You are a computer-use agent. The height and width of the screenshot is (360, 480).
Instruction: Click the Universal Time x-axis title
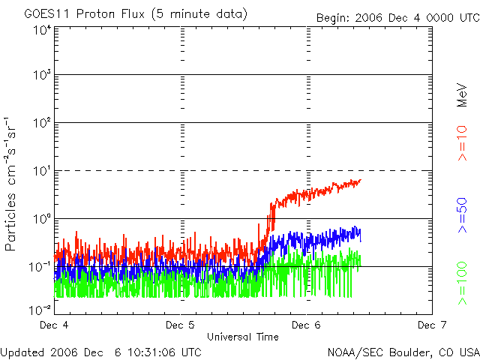coord(243,337)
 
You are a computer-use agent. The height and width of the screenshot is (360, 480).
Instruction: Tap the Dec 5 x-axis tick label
coord(179,325)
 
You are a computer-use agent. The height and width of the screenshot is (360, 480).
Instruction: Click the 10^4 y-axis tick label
coord(41,31)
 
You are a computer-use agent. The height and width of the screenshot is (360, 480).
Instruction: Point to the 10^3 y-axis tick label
coord(41,76)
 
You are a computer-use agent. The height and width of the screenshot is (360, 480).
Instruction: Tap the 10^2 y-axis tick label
coord(41,124)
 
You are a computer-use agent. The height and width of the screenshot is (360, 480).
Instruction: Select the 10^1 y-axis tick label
coord(41,172)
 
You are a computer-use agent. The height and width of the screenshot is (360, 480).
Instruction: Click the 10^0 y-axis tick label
coord(41,220)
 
